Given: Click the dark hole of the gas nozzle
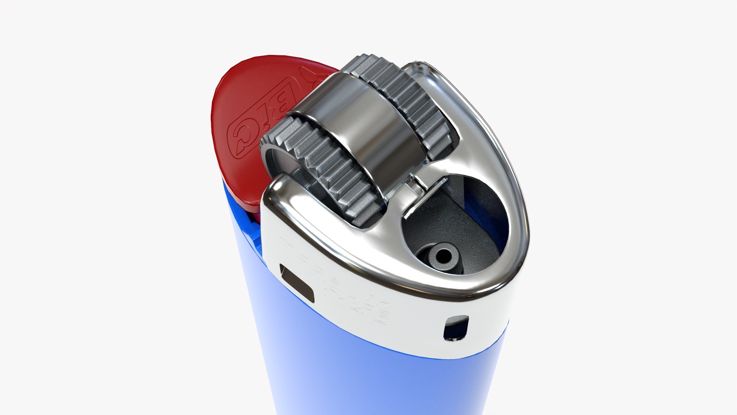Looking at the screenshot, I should pyautogui.click(x=446, y=254).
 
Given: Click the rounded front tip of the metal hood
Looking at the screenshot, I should pyautogui.click(x=499, y=284).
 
